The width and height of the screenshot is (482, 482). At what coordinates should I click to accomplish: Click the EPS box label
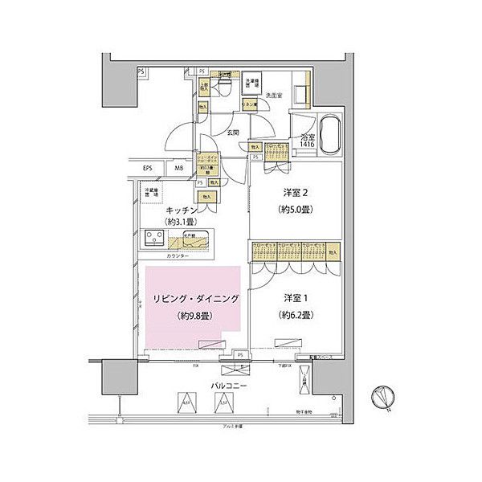148,169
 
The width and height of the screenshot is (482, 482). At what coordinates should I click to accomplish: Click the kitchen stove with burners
155,238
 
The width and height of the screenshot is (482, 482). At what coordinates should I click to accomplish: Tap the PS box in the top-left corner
141,72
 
